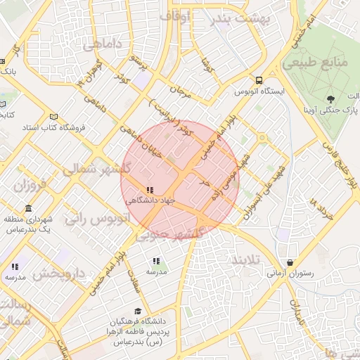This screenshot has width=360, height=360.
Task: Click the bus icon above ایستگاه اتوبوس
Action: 259,80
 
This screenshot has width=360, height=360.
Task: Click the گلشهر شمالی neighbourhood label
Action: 105,169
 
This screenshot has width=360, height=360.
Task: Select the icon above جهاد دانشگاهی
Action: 149,190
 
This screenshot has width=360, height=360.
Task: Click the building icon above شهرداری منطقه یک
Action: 28,209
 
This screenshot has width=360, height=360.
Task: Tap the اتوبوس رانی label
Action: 98,219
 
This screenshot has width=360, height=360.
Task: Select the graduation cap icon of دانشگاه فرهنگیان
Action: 139,310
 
